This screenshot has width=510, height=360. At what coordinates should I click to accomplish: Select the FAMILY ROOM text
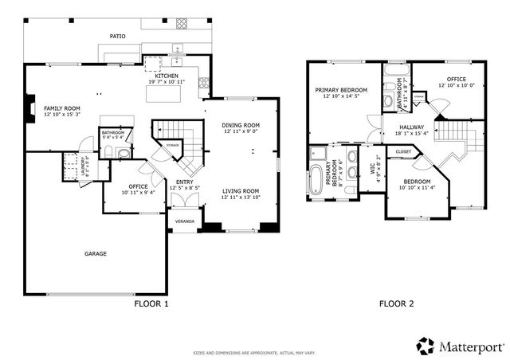pos(62,108)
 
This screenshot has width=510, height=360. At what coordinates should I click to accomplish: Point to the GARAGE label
pos(96,254)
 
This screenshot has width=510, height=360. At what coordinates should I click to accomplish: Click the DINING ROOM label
pos(241,125)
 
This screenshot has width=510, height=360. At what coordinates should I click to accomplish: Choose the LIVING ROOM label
pos(241,191)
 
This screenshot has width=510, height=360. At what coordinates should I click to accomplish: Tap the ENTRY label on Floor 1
pos(184,182)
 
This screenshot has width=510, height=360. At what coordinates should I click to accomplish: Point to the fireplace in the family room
pos(29,106)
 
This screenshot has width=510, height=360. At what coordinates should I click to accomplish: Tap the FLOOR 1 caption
pos(150,303)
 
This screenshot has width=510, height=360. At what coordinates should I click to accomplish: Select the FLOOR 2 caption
pos(396,303)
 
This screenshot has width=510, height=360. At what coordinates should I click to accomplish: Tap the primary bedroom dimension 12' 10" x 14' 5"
pos(341,96)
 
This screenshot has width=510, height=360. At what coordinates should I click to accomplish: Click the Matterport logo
pos(460,345)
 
